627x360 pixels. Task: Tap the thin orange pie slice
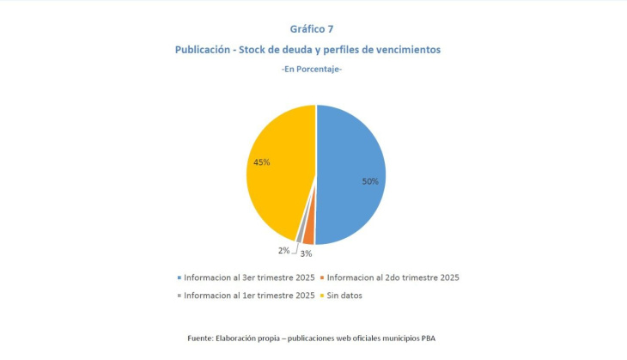pyautogui.click(x=308, y=238)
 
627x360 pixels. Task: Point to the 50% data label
pyautogui.click(x=369, y=182)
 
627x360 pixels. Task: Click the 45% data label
pyautogui.click(x=262, y=162)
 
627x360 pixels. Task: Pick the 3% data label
pyautogui.click(x=305, y=254)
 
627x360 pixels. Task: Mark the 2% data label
pyautogui.click(x=283, y=250)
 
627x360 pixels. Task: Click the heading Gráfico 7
pyautogui.click(x=313, y=28)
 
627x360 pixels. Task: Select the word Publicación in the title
pyautogui.click(x=205, y=50)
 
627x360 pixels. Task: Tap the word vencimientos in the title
pyautogui.click(x=406, y=50)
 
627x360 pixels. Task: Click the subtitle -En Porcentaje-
pyautogui.click(x=313, y=69)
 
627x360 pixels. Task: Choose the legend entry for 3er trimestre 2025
pyautogui.click(x=249, y=278)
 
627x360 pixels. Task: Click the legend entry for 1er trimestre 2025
pyautogui.click(x=249, y=295)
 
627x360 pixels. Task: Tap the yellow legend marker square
pyautogui.click(x=323, y=295)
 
